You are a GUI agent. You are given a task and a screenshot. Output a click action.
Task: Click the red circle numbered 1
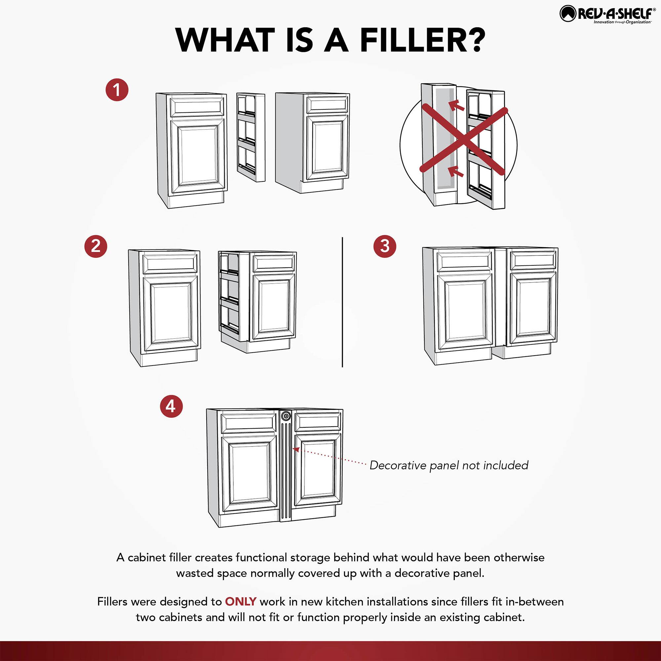point(117,90)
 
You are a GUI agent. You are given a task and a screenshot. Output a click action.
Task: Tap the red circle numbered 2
point(96,246)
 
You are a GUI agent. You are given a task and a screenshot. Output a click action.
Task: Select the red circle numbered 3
point(385,246)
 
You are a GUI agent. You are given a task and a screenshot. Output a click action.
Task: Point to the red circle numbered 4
point(171,407)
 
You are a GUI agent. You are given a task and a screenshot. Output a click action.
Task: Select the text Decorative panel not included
point(449,465)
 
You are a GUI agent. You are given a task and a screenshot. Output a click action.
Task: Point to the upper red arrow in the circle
point(456,106)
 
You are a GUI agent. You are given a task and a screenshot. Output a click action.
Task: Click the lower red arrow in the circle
point(456,171)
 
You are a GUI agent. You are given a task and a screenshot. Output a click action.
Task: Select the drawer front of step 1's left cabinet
point(197,106)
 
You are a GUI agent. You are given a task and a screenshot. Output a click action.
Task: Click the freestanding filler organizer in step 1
point(251,137)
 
